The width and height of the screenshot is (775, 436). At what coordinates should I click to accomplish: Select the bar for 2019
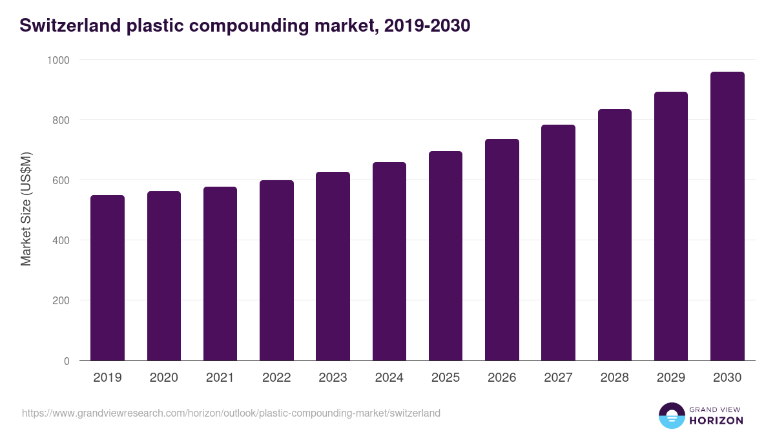pos(107,278)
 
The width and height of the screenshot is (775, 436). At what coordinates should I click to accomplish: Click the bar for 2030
pos(727,216)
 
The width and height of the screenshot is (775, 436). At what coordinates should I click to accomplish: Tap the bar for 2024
pos(389,262)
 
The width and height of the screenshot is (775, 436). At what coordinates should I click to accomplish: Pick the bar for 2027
pos(558,243)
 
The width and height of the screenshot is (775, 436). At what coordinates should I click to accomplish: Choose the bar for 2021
pos(220,274)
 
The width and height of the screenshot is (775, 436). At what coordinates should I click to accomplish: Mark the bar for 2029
pos(671,226)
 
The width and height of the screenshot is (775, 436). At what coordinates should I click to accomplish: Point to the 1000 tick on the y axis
pos(59,60)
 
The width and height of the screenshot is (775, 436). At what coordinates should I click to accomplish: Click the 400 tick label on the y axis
pos(61,240)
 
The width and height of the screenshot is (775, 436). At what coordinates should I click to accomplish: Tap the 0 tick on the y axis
pos(67,361)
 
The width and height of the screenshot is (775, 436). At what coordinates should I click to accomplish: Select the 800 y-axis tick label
pos(61,120)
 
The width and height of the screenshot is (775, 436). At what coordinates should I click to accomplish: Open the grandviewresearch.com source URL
pos(231,413)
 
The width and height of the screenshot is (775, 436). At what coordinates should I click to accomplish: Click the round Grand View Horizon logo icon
pos(672,415)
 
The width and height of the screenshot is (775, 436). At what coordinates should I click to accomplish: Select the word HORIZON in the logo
pos(716,420)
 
